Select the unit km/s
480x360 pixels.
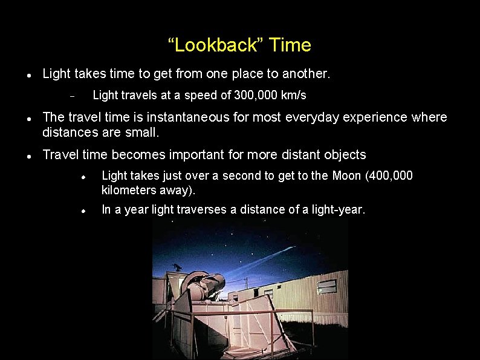pyautogui.click(x=294, y=96)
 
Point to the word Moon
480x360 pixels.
pyautogui.click(x=346, y=175)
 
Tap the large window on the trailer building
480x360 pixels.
pyautogui.click(x=327, y=286)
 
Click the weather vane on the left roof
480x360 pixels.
pyautogui.click(x=177, y=267)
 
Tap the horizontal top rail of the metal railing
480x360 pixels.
pyautogui.click(x=242, y=312)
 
